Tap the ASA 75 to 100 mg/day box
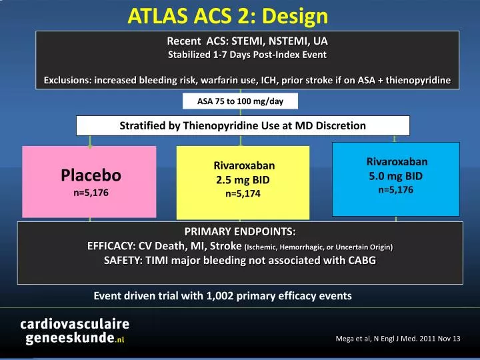click(240, 101)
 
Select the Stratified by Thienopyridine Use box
click(243, 125)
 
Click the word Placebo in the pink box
click(91, 175)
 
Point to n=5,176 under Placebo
click(91, 192)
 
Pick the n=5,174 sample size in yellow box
click(243, 194)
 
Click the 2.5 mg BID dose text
click(243, 180)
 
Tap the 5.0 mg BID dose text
click(396, 176)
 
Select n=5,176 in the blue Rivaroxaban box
click(396, 190)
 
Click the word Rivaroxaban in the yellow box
click(243, 165)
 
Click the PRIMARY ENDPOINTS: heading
click(239, 232)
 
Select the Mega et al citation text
click(397, 339)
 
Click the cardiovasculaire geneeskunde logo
click(73, 331)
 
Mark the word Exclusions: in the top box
click(67, 81)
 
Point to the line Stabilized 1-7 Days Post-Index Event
click(247, 54)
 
